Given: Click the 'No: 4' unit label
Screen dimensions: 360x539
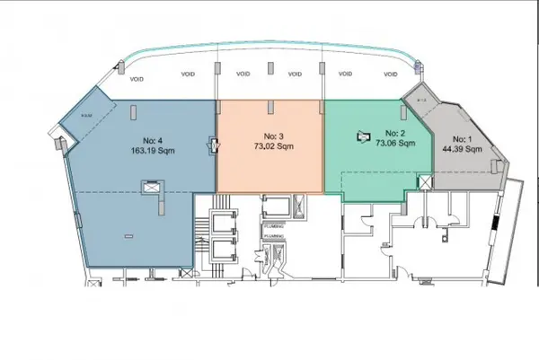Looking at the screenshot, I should pyautogui.click(x=153, y=140).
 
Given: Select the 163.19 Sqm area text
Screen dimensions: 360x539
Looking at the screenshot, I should pyautogui.click(x=153, y=151).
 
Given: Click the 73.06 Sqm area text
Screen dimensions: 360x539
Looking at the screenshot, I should pyautogui.click(x=394, y=144).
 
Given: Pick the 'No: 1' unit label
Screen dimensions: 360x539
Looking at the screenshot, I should pyautogui.click(x=461, y=139).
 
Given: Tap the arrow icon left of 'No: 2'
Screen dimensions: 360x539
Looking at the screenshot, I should pyautogui.click(x=363, y=136).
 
